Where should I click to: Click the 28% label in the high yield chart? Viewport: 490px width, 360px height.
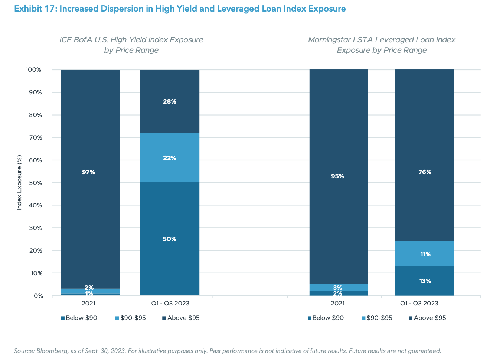169,101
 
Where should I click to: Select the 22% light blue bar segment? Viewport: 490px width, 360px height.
169,158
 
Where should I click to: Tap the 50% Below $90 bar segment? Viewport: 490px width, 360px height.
169,239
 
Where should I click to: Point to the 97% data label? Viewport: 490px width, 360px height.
88,172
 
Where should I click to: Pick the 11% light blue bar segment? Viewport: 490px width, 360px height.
424,254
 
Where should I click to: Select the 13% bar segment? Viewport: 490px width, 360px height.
424,281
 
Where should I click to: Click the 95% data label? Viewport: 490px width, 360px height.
337,176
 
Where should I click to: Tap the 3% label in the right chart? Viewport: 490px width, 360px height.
337,288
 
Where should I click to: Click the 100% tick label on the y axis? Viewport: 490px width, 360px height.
33,70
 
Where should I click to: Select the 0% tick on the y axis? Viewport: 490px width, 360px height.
38,296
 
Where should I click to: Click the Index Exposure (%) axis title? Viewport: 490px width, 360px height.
19,182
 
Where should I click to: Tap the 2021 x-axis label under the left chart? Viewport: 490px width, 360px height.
88,303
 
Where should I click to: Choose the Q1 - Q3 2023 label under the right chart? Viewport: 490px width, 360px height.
419,303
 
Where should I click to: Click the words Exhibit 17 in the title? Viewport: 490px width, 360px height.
35,9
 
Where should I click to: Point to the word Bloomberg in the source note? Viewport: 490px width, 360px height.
51,351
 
